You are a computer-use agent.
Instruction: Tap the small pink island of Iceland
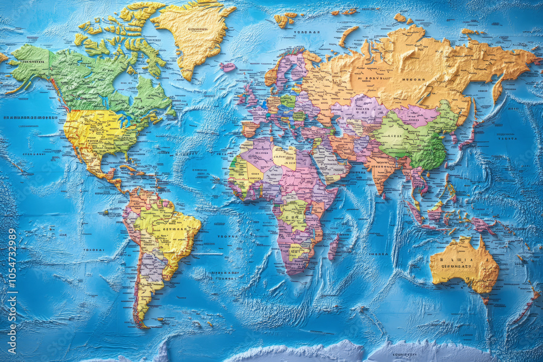pyautogui.click(x=228, y=67)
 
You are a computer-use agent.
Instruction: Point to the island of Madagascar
pyautogui.click(x=333, y=247)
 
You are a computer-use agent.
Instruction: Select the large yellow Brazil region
pyautogui.click(x=168, y=228)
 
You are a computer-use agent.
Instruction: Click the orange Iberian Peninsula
pyautogui.click(x=250, y=128)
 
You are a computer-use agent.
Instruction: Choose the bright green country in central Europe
pyautogui.click(x=288, y=101)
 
